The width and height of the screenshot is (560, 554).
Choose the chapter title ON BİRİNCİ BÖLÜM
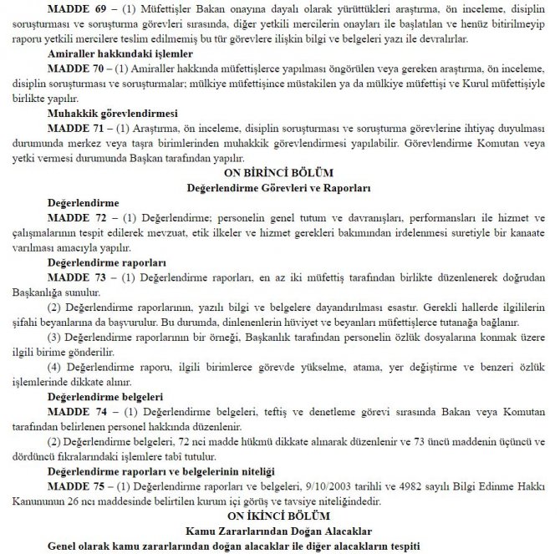pyautogui.click(x=280, y=173)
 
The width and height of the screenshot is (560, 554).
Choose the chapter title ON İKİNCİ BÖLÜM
pyautogui.click(x=280, y=516)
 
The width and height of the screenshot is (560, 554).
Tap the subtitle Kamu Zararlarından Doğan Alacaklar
pyautogui.click(x=280, y=530)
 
